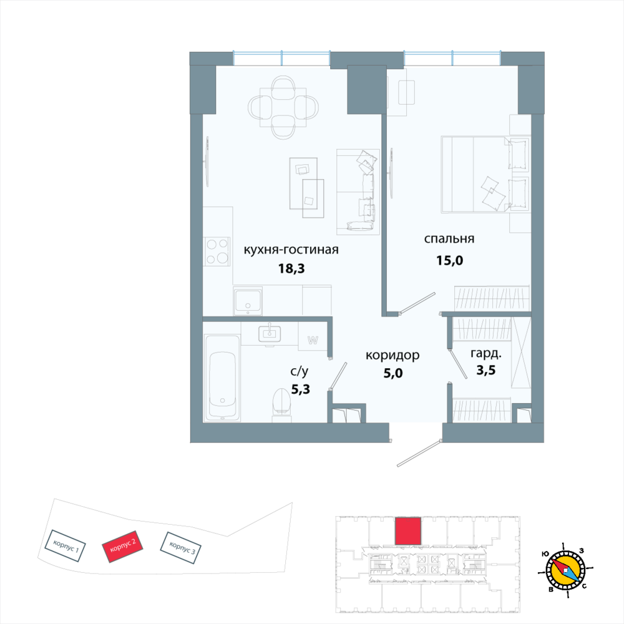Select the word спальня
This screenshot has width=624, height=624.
click(x=449, y=239)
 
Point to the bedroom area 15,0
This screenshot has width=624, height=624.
click(x=449, y=260)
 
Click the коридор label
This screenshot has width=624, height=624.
click(x=392, y=355)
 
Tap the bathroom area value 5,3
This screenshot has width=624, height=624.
click(x=300, y=389)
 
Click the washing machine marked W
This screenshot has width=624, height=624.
click(x=313, y=340)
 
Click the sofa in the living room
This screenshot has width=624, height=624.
click(x=358, y=191)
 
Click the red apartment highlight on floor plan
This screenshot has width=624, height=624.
click(x=408, y=531)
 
